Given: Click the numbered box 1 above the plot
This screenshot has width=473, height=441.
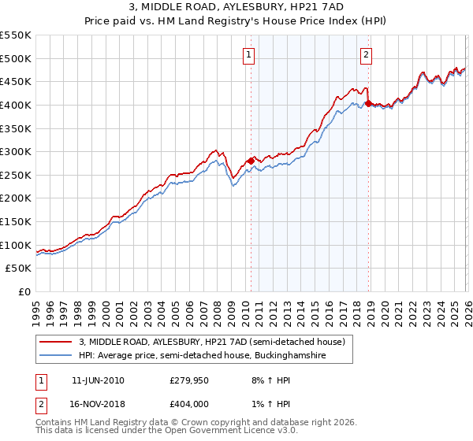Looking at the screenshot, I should (249, 54).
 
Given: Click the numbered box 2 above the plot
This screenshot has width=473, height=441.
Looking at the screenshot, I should (367, 54).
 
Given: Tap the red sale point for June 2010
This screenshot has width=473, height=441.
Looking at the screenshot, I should (251, 161).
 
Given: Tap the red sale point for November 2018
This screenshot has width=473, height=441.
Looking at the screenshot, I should (368, 102).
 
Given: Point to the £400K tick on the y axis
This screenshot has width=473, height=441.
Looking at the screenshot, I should (16, 105).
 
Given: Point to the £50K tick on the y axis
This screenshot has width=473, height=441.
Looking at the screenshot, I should (19, 269).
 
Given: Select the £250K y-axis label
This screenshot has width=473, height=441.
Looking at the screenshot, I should (16, 175).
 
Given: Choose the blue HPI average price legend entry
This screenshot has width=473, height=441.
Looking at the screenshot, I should (203, 356).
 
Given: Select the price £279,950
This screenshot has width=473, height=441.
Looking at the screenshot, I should (188, 380).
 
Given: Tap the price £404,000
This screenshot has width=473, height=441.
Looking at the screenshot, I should (188, 406).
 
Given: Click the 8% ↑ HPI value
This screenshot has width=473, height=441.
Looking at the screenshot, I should (268, 380).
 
